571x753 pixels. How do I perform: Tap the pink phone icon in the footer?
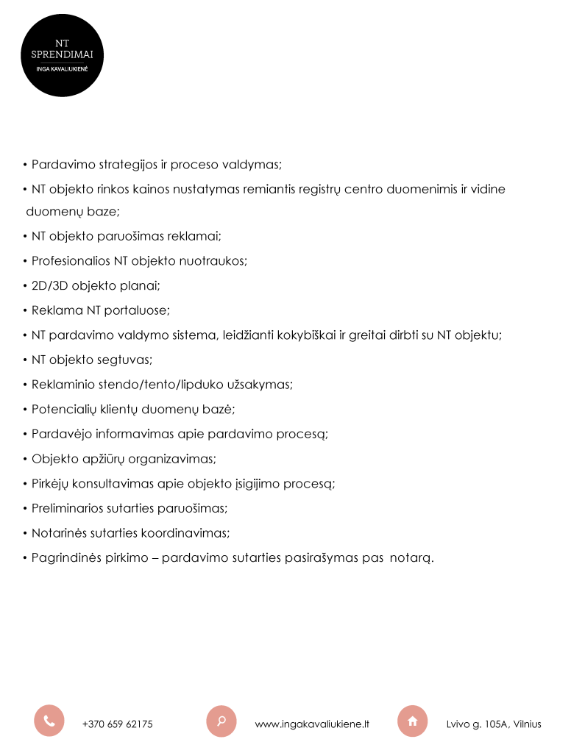pos(49,721)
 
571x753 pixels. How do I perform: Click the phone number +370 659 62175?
pos(118,724)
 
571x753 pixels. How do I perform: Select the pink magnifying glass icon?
pos(221,721)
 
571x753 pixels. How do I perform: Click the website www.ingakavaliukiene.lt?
pos(312,724)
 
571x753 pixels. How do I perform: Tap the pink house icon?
pos(412,721)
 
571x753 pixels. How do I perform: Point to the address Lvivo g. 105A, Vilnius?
pos(494,724)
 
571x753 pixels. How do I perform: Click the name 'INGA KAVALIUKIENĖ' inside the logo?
pos(62,68)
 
